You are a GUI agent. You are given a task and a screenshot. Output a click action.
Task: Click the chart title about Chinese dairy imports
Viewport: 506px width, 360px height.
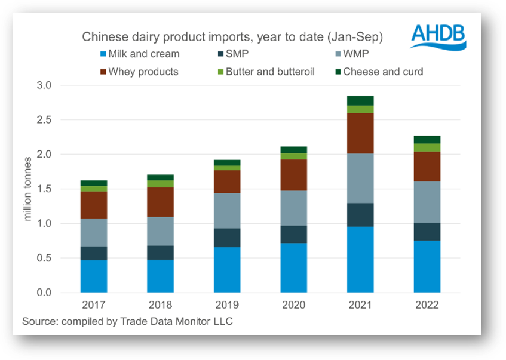point(232,37)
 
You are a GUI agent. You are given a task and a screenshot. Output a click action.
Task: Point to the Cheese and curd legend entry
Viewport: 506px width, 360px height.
point(383,72)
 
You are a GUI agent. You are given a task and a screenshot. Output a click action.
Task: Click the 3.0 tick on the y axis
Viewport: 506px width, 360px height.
point(62,86)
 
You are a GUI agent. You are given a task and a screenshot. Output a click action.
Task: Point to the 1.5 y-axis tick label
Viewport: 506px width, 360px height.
point(62,189)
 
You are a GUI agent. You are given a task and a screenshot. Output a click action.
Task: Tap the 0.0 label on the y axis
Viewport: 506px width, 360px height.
point(62,293)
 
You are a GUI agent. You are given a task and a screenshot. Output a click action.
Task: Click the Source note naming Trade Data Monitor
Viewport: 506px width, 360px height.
point(127,322)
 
